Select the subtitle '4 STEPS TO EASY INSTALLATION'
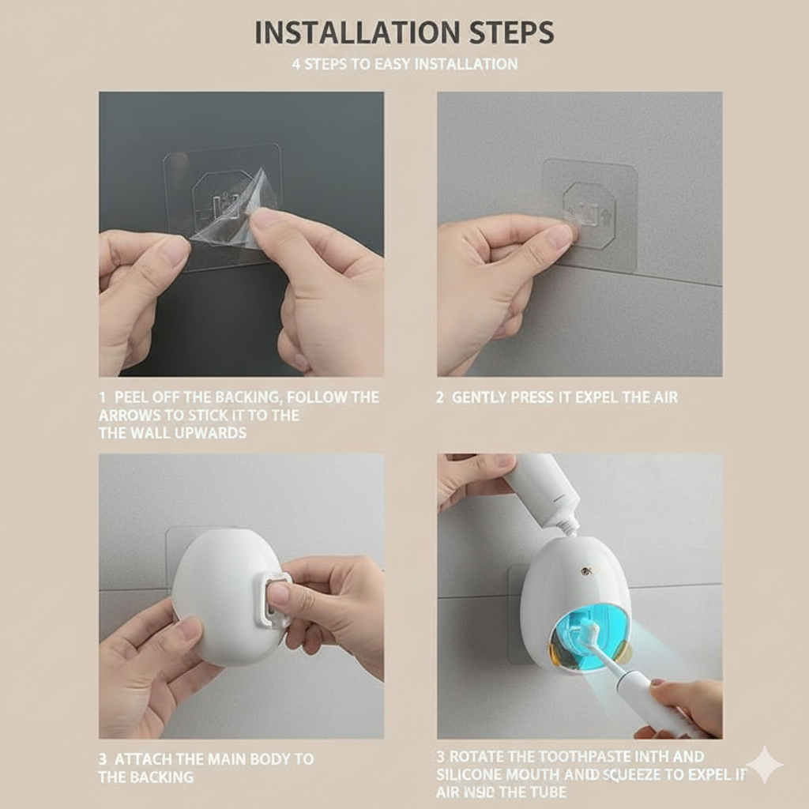point(404,64)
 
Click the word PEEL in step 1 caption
point(131,397)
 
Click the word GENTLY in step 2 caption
point(478,397)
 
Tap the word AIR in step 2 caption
point(664,397)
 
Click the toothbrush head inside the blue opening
point(589,632)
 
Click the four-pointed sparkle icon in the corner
point(764,764)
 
